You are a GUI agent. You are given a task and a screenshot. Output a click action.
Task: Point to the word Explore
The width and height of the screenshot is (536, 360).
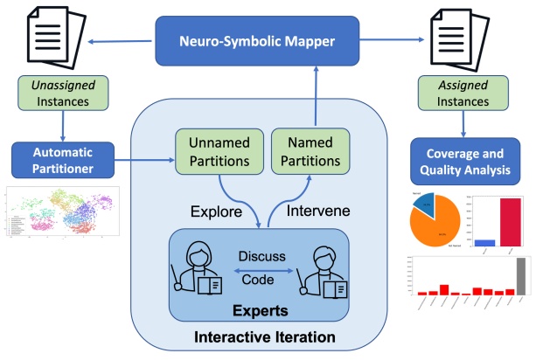point(212,211)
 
